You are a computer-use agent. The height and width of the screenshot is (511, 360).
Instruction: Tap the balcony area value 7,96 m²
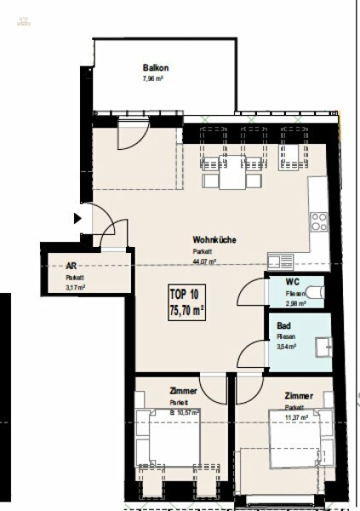[x=152, y=78]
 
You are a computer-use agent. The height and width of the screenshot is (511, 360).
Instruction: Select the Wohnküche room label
[x=214, y=239]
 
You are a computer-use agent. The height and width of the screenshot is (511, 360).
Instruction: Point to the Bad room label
[x=281, y=325]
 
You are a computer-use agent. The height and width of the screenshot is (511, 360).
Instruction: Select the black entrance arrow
[x=77, y=219]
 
